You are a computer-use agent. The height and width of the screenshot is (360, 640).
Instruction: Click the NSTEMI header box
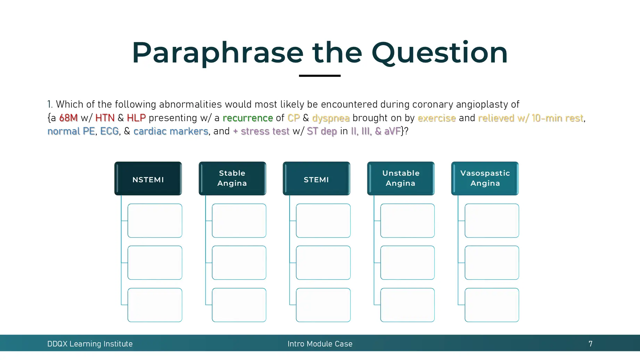pos(148,178)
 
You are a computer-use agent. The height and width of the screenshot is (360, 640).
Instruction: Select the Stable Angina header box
pos(232,178)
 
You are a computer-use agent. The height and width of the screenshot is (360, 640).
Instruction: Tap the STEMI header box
pos(316,178)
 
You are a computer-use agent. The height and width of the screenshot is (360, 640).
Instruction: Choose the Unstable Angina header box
pos(401,178)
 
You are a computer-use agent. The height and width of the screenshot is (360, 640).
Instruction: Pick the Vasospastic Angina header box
pos(485,178)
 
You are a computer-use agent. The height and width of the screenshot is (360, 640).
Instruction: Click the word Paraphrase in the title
pos(217,53)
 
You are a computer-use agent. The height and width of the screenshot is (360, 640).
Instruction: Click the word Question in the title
pos(439,53)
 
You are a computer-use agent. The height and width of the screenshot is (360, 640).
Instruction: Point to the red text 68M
pos(68,118)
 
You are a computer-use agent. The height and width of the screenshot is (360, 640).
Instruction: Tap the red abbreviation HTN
pos(105,118)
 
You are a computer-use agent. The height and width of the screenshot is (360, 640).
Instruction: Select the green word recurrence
pos(248,118)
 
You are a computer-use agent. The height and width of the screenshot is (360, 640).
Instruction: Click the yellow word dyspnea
pos(331,118)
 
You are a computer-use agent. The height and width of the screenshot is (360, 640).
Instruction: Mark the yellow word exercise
pos(437,118)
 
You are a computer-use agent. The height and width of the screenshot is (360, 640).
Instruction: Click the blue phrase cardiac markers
pos(171,131)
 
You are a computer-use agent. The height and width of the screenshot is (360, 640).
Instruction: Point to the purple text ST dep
pos(322,131)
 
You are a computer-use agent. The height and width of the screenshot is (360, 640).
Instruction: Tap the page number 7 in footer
pos(590,344)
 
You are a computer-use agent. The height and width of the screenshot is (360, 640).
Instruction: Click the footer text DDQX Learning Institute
pos(90,344)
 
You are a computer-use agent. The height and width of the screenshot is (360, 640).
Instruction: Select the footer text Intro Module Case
pos(320,344)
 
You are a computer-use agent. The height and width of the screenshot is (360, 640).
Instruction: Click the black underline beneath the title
pos(319,76)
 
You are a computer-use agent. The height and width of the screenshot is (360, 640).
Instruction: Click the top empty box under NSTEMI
pos(155,221)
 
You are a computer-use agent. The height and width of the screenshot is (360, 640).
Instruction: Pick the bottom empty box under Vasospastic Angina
pos(492,305)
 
